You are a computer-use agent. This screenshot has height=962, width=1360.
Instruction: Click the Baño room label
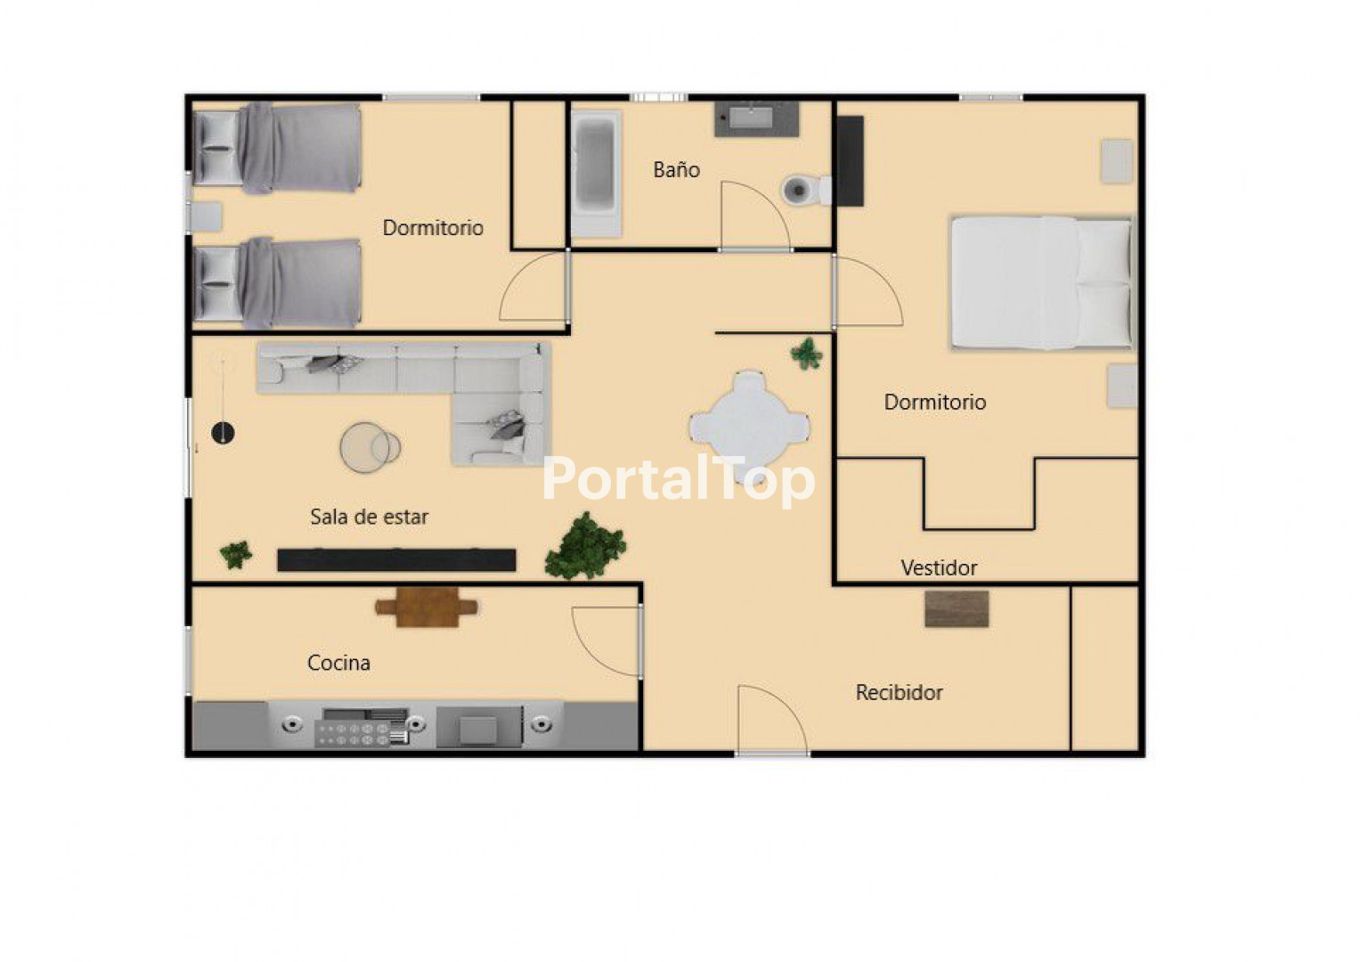(x=676, y=169)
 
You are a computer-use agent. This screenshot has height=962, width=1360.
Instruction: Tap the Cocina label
(x=338, y=663)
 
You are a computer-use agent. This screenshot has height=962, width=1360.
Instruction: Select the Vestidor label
(x=940, y=568)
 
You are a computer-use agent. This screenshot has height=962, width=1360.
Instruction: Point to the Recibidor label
(x=900, y=692)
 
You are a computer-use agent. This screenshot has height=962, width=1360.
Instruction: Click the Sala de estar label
(x=369, y=517)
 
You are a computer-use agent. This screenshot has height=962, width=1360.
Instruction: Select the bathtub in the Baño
(x=596, y=174)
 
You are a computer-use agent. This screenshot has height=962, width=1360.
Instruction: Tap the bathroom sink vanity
(x=756, y=119)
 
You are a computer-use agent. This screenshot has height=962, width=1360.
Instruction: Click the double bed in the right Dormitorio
(x=1042, y=283)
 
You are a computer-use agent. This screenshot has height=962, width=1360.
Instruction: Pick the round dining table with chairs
(x=749, y=426)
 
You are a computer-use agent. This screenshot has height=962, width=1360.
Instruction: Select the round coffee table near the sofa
(x=370, y=447)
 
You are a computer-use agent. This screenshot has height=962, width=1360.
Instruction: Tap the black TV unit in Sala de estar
(x=396, y=560)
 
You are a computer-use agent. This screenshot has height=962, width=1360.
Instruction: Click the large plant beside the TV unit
(x=585, y=547)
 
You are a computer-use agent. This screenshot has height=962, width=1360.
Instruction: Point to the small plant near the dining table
(x=807, y=354)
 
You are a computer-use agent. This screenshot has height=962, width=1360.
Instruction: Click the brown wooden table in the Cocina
(x=427, y=607)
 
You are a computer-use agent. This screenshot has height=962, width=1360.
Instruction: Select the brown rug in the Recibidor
(x=957, y=608)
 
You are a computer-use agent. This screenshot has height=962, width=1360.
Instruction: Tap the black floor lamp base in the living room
(x=223, y=433)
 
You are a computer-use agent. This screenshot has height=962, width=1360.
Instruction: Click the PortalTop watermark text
(x=678, y=479)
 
